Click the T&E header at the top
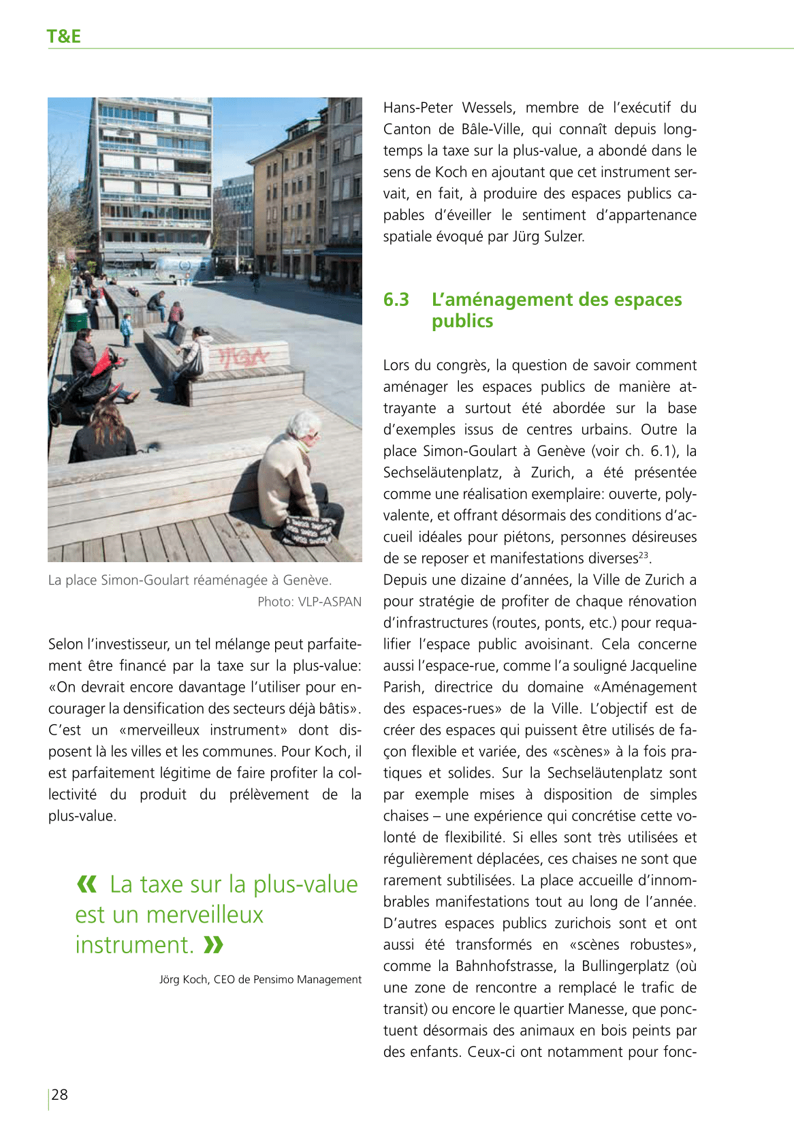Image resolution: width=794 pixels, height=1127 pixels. (63, 36)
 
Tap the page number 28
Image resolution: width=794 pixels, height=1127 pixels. (60, 1094)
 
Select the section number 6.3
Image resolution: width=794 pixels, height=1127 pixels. (396, 300)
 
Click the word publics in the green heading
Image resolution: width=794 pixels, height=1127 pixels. (462, 321)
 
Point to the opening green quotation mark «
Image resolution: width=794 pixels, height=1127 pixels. (86, 884)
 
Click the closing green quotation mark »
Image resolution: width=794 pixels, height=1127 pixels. (213, 945)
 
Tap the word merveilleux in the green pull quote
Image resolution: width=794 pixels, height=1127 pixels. (204, 914)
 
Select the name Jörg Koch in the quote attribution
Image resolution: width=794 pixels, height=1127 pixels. (183, 980)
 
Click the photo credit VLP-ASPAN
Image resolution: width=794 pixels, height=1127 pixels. (330, 602)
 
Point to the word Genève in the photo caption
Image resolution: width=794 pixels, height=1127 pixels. (306, 581)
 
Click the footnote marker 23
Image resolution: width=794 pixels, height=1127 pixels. (644, 555)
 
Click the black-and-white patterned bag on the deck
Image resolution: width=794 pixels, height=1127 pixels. (308, 531)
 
